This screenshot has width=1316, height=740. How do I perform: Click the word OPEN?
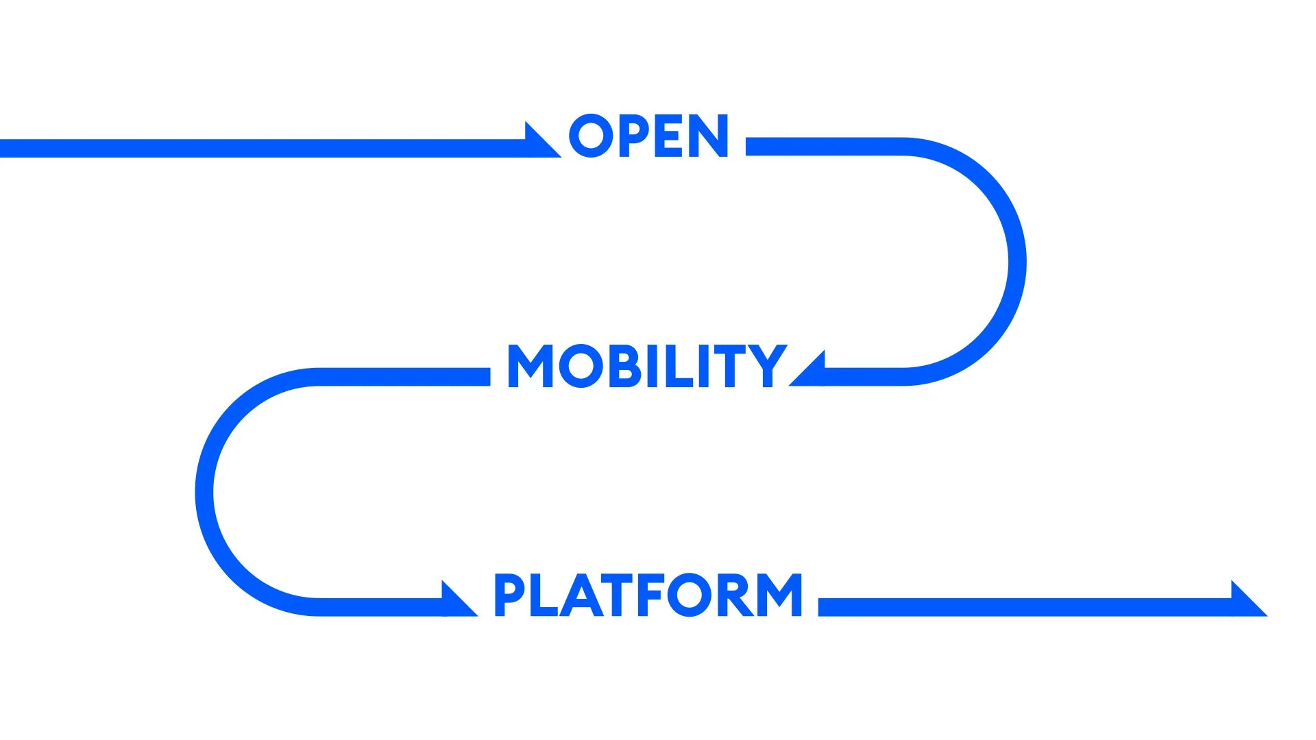coord(648,136)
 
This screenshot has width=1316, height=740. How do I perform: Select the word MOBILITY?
coord(647,366)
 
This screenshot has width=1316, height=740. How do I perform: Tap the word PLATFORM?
coord(648,595)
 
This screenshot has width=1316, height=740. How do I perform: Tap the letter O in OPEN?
coord(591,136)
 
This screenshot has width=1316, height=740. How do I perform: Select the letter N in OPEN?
coord(709,136)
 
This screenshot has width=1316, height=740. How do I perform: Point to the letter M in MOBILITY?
coord(531,366)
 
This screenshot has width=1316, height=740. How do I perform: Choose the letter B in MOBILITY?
coord(623,366)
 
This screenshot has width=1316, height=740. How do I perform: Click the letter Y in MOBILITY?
coord(769,366)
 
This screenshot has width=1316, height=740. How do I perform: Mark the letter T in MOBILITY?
coord(734,366)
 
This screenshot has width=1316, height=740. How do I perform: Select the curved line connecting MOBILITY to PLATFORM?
coord(204,492)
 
